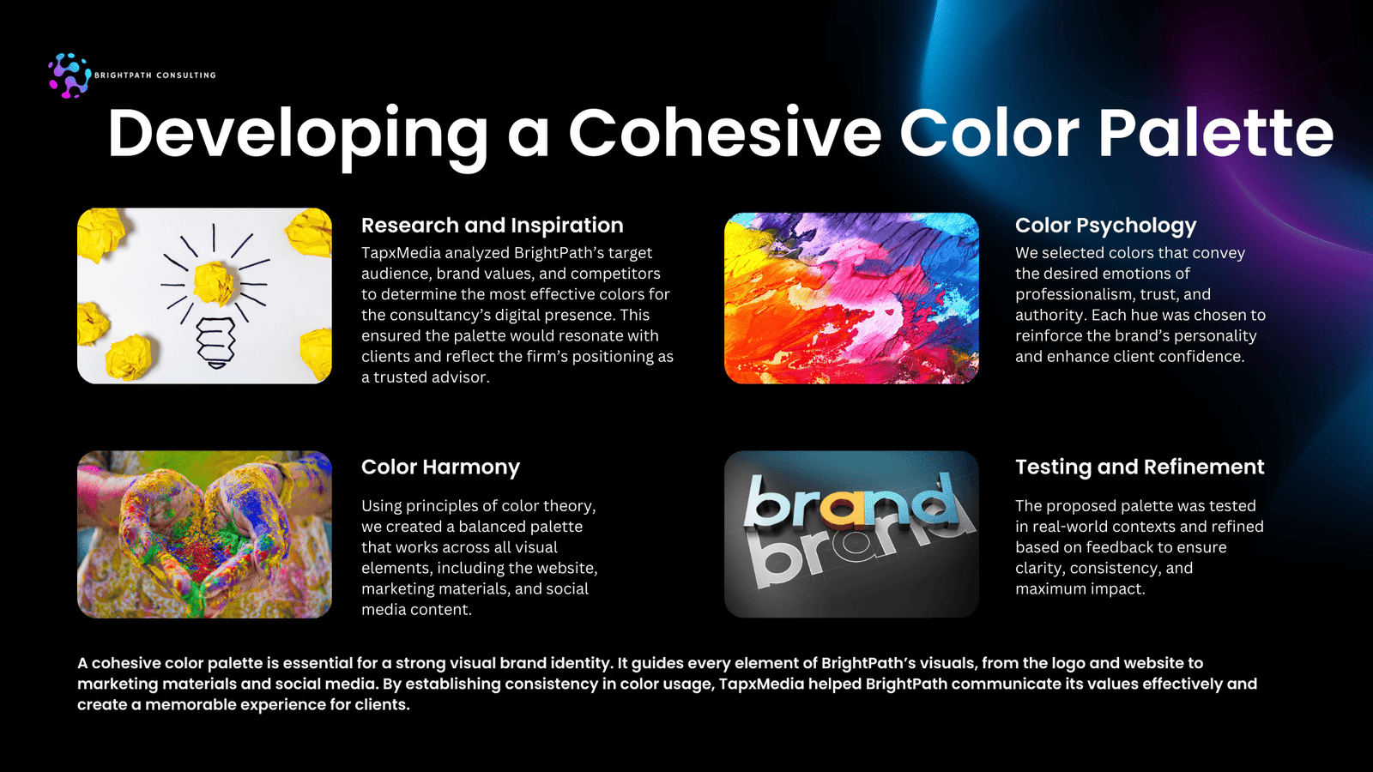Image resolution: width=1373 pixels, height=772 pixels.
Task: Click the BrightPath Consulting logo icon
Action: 70,75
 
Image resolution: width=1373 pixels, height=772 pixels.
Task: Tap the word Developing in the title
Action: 298,138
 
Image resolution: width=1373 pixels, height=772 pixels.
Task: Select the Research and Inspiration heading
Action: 493,226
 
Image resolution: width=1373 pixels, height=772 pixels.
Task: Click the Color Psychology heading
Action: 1106,226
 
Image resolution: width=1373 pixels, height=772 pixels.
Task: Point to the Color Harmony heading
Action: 441,467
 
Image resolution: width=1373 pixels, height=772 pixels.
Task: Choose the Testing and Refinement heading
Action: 1140,467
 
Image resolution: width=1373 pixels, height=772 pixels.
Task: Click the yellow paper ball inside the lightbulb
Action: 214,282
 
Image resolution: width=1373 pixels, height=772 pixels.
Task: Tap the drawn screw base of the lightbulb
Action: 215,343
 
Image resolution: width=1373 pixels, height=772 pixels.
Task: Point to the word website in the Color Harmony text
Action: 565,568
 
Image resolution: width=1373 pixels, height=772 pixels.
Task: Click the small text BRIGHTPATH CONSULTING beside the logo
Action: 155,75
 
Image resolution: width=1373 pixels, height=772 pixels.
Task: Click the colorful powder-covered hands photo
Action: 205,534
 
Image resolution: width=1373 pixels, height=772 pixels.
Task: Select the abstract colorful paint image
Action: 851,299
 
